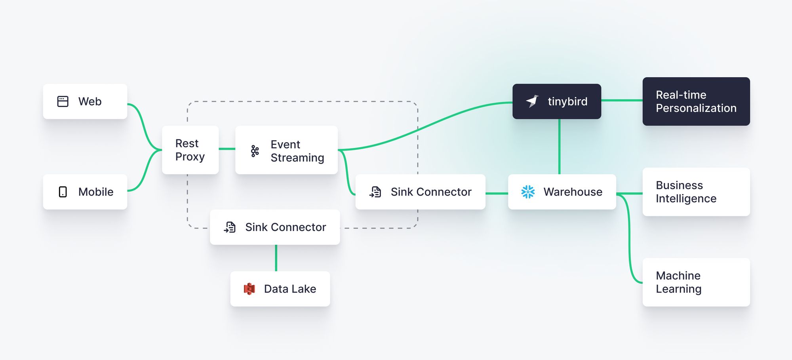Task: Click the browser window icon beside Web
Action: click(x=63, y=101)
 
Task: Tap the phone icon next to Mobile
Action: click(x=63, y=192)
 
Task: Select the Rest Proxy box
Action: click(x=190, y=150)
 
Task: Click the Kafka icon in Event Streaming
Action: click(x=255, y=150)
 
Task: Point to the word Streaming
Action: click(x=297, y=158)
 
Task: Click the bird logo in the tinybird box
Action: click(x=532, y=101)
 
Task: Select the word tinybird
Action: click(x=567, y=101)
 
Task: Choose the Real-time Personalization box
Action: click(x=696, y=101)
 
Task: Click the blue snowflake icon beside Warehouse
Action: click(x=528, y=192)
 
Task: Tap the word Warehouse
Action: click(x=573, y=192)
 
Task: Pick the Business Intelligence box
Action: click(x=696, y=192)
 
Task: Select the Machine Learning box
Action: click(x=696, y=282)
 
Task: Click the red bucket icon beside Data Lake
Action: click(x=249, y=289)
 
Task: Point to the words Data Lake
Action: click(x=290, y=289)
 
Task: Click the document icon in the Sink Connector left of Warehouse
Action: click(x=375, y=192)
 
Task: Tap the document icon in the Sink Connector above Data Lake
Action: click(x=230, y=227)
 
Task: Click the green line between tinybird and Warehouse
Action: click(x=559, y=147)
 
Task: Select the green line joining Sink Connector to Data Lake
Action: click(x=276, y=258)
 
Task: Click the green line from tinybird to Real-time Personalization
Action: click(x=622, y=101)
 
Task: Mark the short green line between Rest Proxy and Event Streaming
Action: click(x=227, y=149)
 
